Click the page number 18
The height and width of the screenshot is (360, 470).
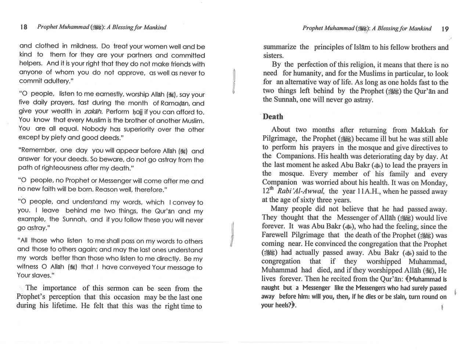[x=23, y=27]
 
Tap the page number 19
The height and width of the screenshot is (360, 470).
[x=444, y=29]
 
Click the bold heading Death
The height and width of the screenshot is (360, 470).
[x=273, y=117]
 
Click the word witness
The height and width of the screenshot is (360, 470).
[x=28, y=267]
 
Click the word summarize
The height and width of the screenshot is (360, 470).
[x=280, y=47]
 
